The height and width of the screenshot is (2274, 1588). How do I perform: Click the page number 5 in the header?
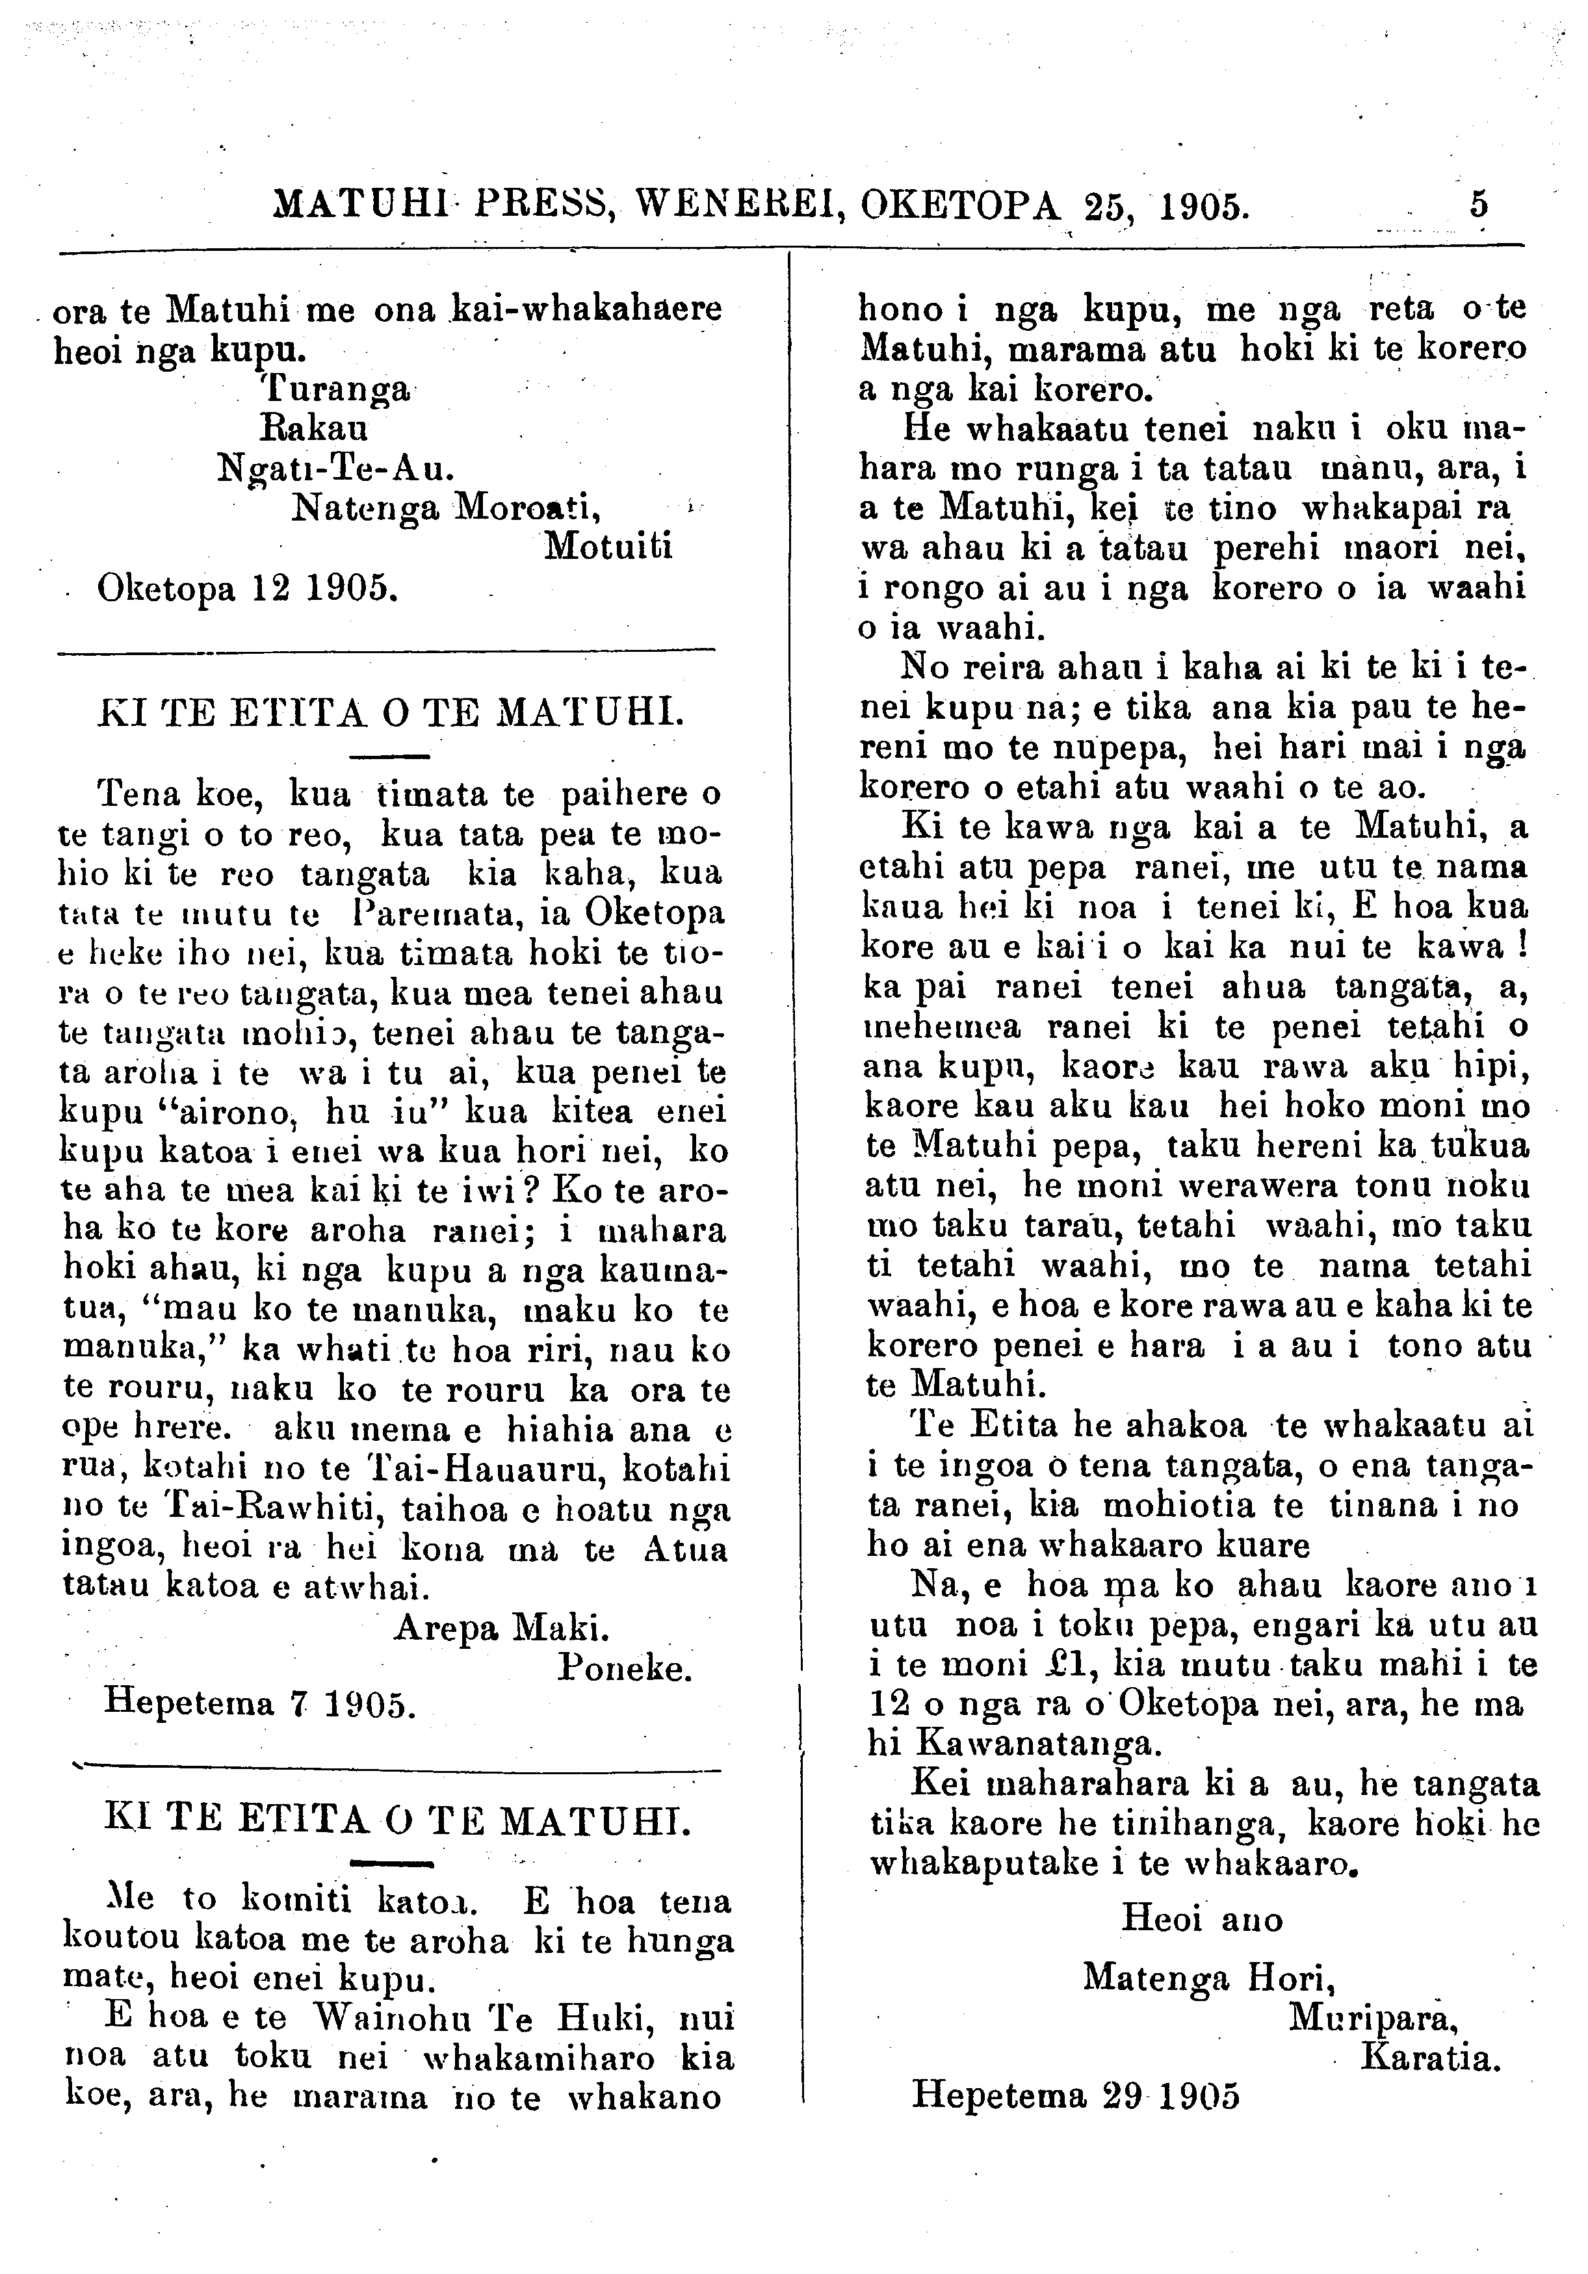[1479, 204]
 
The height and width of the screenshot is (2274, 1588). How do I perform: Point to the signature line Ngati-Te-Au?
[336, 467]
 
